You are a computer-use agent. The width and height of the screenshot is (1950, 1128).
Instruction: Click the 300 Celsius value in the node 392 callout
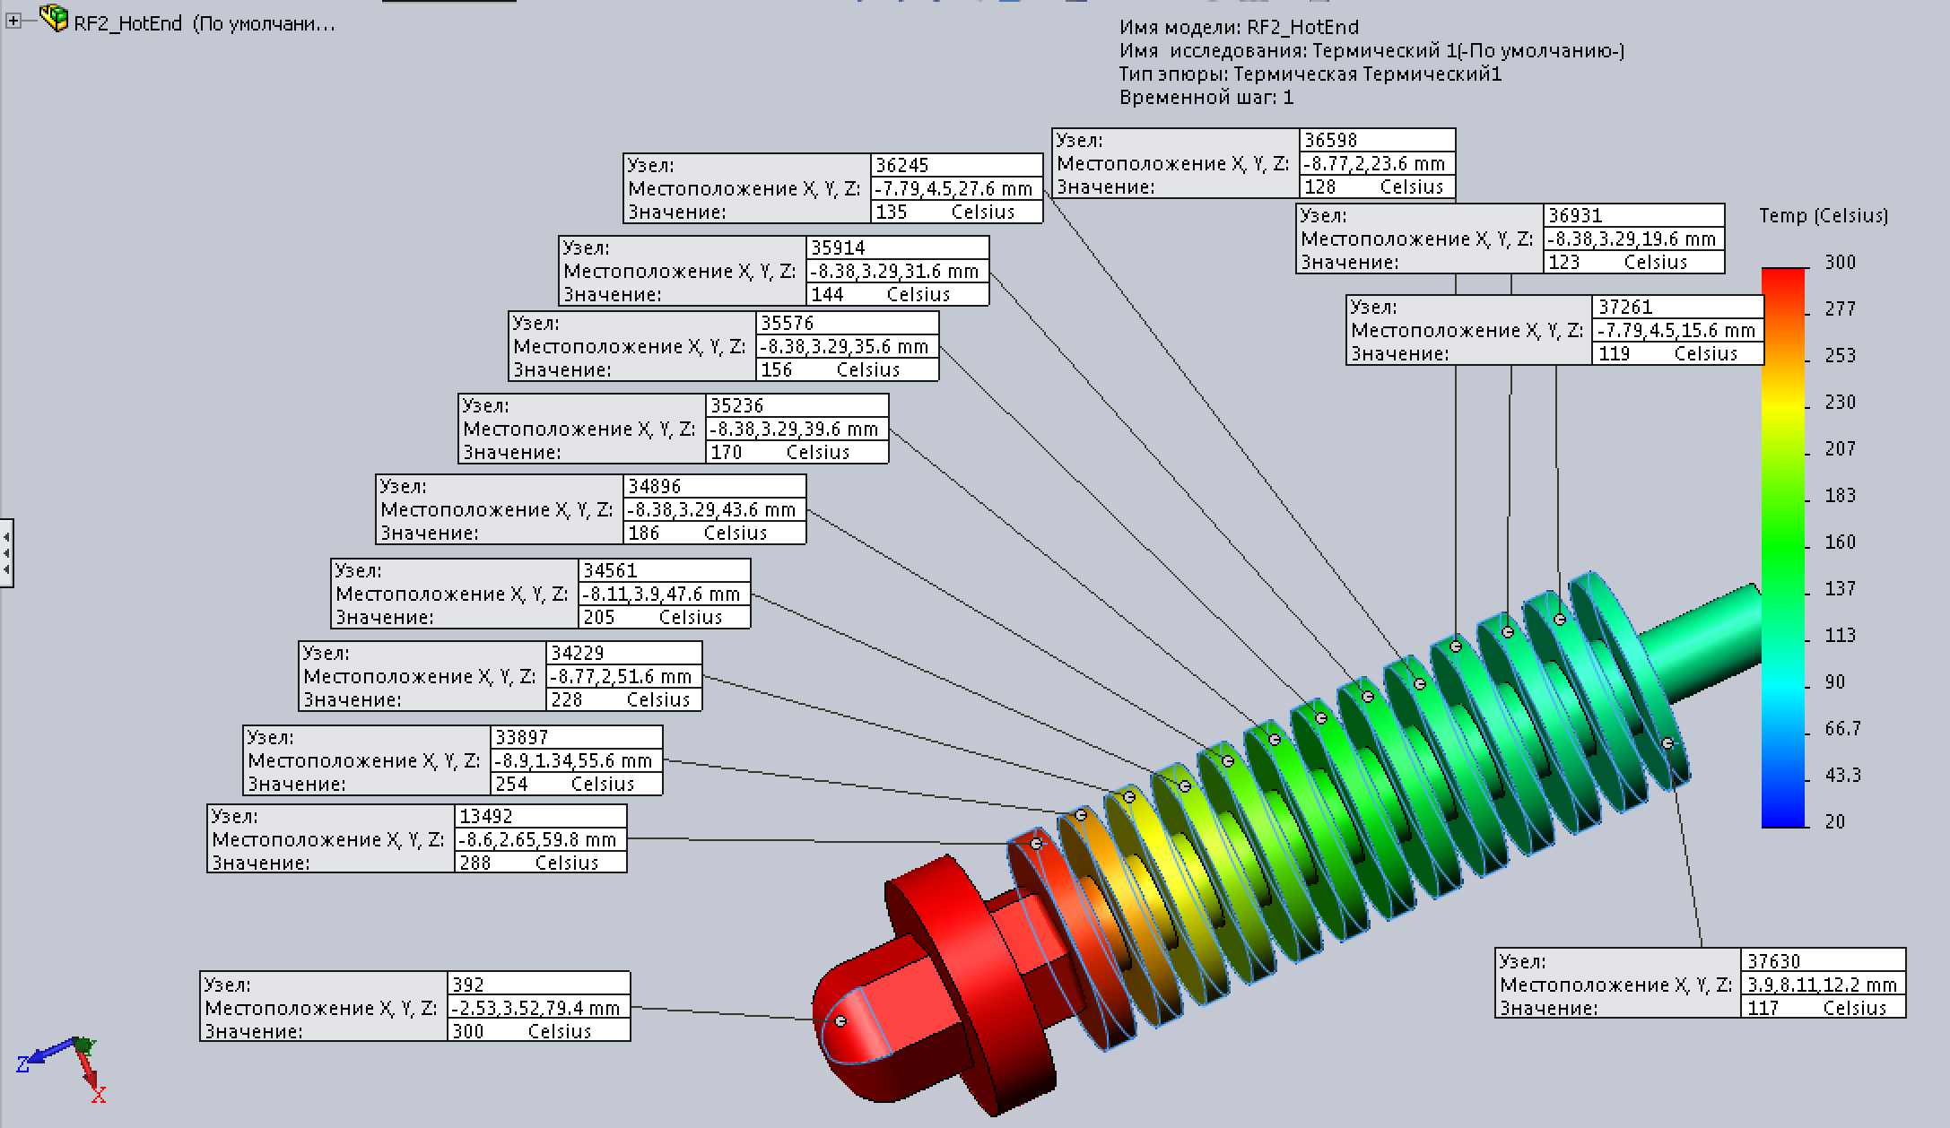(538, 1031)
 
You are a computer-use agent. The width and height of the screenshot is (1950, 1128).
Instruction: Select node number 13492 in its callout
(486, 816)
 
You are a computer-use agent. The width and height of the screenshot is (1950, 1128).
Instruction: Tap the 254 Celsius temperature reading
(576, 784)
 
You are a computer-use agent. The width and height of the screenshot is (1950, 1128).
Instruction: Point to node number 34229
(578, 653)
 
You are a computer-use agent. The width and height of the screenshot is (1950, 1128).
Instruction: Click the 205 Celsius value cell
(663, 617)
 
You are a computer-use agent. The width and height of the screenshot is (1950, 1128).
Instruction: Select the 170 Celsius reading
(797, 452)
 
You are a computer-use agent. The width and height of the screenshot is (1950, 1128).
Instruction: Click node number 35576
(788, 323)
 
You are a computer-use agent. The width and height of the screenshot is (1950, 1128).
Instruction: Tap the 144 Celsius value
(897, 294)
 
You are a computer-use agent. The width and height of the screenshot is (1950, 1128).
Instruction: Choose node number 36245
(902, 165)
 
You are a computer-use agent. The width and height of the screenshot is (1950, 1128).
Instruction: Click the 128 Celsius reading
(1376, 187)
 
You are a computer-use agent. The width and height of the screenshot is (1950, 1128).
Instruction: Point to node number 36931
(1575, 215)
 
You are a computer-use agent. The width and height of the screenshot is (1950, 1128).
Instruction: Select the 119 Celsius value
(1678, 353)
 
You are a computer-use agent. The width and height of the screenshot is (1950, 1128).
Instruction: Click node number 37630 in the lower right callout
(1774, 961)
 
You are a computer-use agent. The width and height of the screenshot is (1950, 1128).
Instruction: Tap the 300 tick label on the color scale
(1840, 262)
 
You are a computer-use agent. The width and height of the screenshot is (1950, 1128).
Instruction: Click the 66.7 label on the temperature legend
(1842, 728)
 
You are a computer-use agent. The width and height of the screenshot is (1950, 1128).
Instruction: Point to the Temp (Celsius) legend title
(1823, 215)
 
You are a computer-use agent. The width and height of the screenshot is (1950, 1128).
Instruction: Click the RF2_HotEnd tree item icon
(55, 19)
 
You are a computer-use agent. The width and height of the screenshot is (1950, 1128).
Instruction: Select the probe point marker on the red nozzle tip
(840, 1021)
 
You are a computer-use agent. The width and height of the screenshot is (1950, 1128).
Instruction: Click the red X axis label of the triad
(99, 1095)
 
